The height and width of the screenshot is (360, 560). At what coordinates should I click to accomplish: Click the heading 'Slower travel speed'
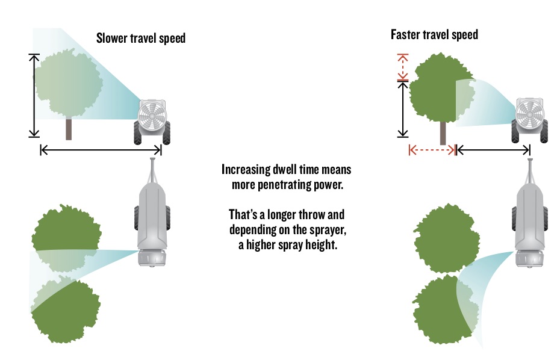[140, 39]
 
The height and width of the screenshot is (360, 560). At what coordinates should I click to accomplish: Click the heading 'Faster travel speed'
[434, 34]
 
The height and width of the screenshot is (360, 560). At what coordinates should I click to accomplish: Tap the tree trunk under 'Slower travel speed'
[69, 129]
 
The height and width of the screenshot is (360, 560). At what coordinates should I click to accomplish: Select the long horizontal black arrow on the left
[101, 149]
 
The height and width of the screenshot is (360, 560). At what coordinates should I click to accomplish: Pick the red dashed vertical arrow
[403, 67]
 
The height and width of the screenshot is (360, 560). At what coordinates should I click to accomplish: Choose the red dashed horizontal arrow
[432, 150]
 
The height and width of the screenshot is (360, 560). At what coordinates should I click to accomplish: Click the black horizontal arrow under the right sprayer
[493, 149]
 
